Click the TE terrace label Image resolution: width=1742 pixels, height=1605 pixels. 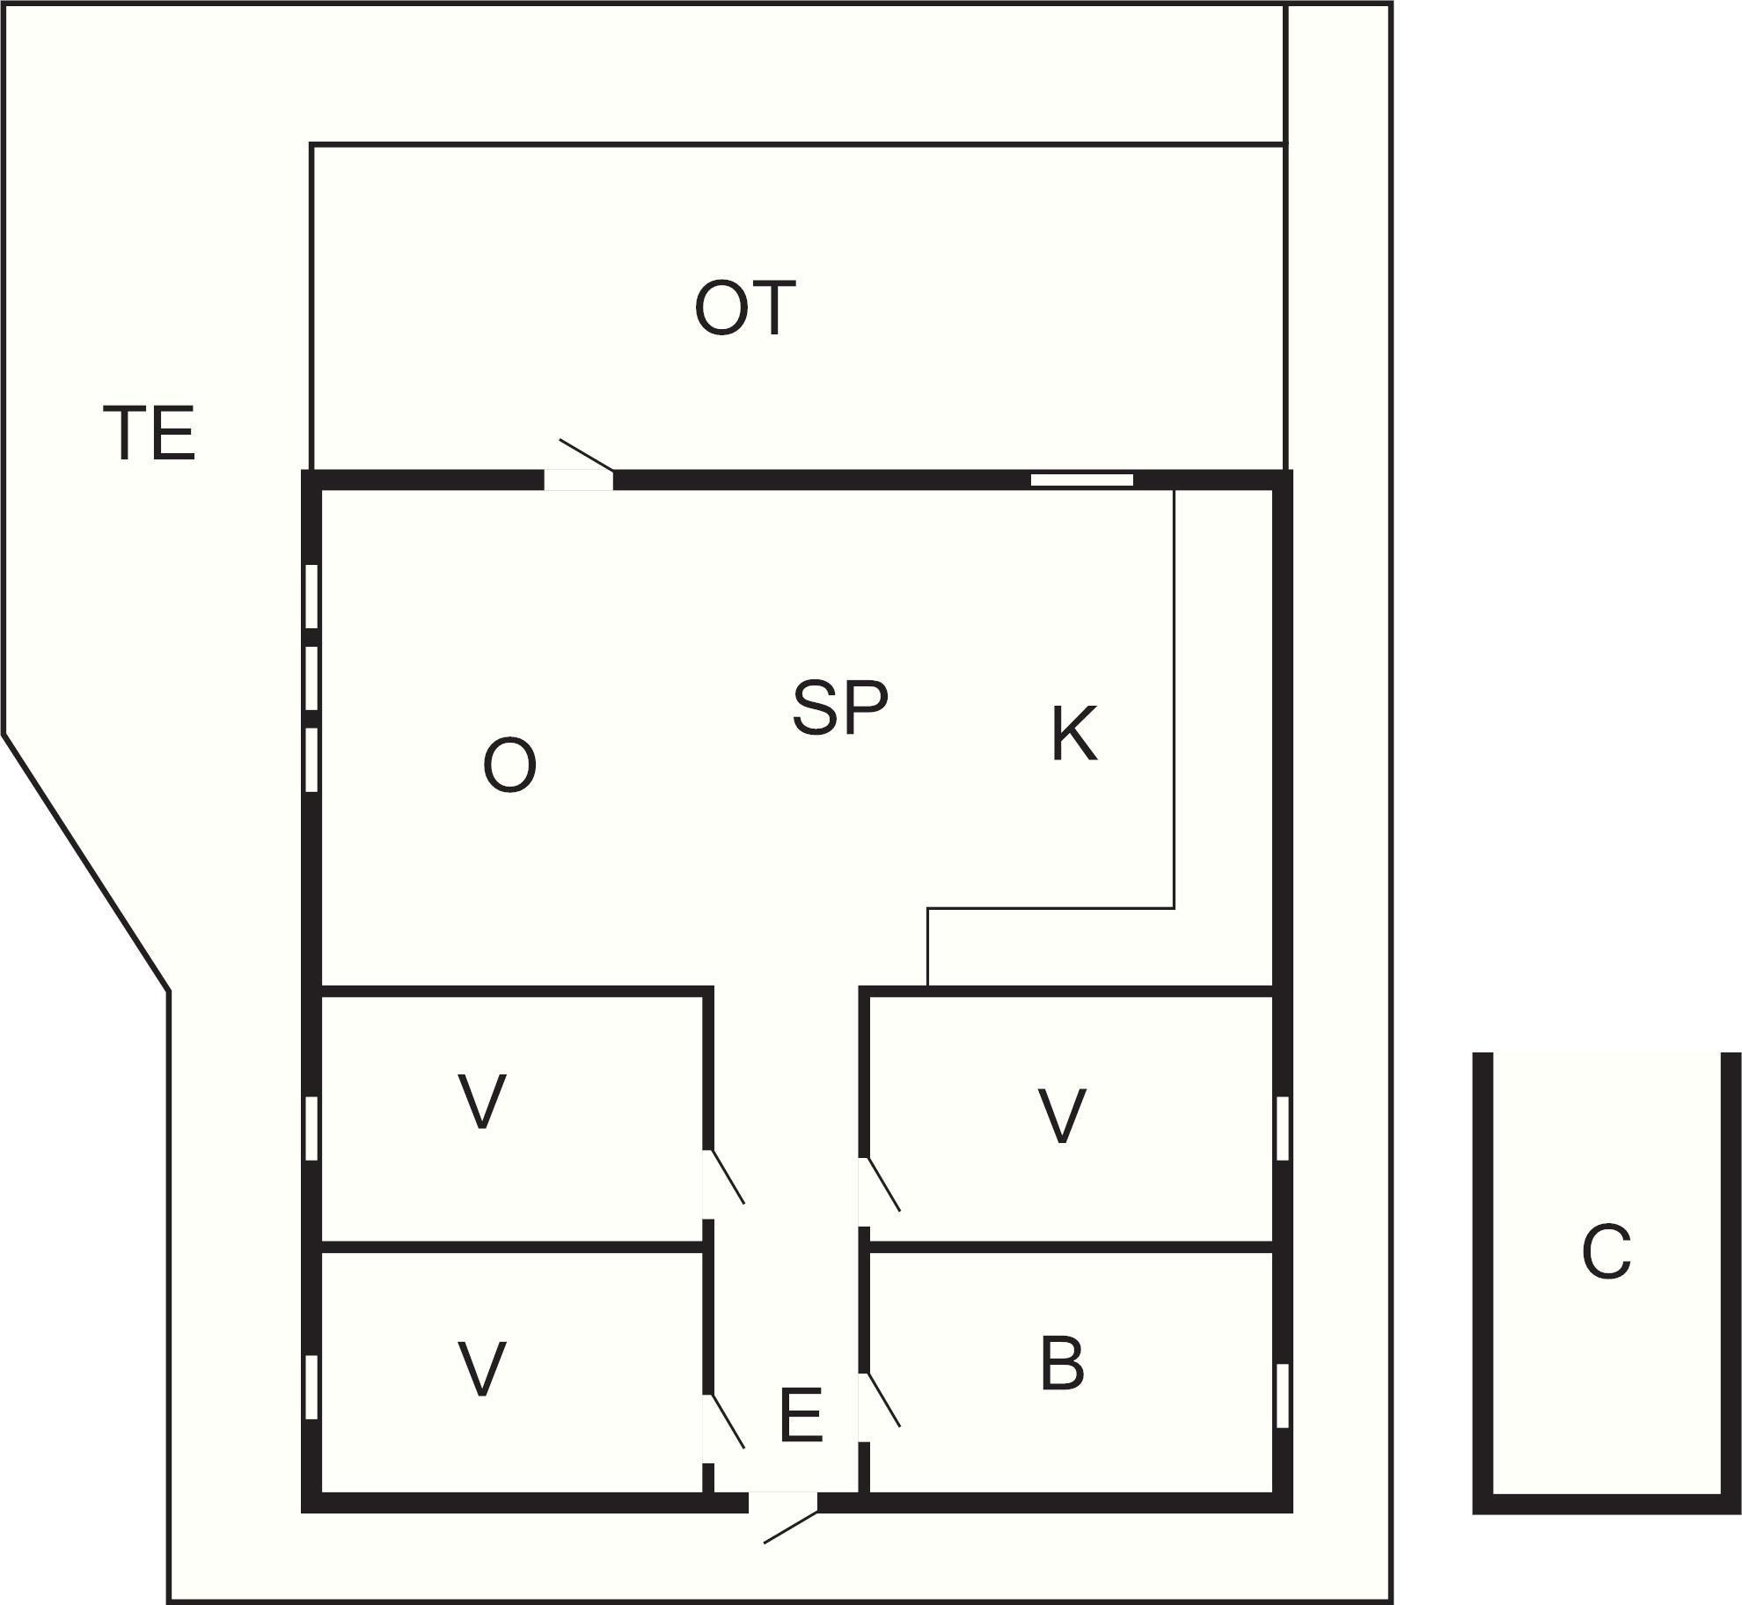pos(150,433)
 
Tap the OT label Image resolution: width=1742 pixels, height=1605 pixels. pos(745,308)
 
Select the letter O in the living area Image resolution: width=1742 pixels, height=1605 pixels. pos(510,766)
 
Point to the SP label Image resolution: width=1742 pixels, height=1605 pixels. pos(840,707)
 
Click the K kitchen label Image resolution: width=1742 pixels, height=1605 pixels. pos(1074,734)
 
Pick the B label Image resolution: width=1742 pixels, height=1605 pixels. pos(1062,1364)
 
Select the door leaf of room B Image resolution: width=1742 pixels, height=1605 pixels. pos(883,1399)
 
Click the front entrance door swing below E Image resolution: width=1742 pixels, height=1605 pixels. pos(791,1527)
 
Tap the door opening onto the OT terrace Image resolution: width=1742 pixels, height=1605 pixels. pos(586,455)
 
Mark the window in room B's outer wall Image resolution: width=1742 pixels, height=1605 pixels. pos(1283,1396)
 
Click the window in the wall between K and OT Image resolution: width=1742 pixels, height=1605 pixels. pos(1082,480)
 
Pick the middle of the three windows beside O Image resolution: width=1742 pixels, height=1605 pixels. pos(311,678)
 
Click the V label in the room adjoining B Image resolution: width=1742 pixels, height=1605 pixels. pos(1062,1116)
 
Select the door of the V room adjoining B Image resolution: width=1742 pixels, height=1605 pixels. pos(883,1184)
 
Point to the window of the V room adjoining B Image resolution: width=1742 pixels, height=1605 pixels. pos(1283,1128)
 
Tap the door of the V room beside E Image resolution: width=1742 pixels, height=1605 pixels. pos(728,1421)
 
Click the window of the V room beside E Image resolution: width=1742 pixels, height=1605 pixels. pos(311,1387)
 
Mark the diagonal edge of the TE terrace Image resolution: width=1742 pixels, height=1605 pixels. pos(85,862)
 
